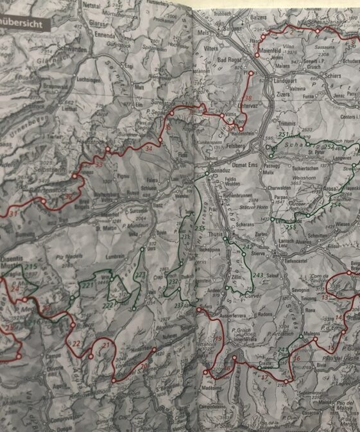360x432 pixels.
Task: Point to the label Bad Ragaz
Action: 232,60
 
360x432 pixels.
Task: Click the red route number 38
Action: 249,98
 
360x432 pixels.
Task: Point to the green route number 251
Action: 284,135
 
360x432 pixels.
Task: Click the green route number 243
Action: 258,275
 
